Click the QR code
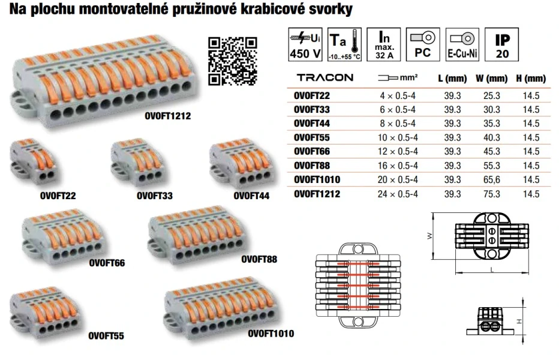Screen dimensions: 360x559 232,61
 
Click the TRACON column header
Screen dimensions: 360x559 325,78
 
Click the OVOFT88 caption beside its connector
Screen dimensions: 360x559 259,259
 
